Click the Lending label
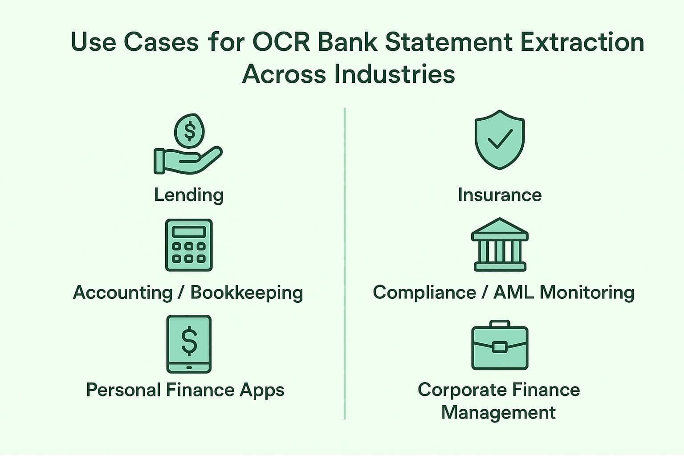(189, 195)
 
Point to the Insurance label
(500, 195)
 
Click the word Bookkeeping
(247, 293)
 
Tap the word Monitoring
(587, 293)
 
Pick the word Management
(498, 412)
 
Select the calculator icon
(189, 245)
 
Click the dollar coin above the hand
(189, 131)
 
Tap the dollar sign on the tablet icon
(189, 340)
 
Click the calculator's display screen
(189, 232)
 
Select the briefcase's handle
(500, 324)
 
